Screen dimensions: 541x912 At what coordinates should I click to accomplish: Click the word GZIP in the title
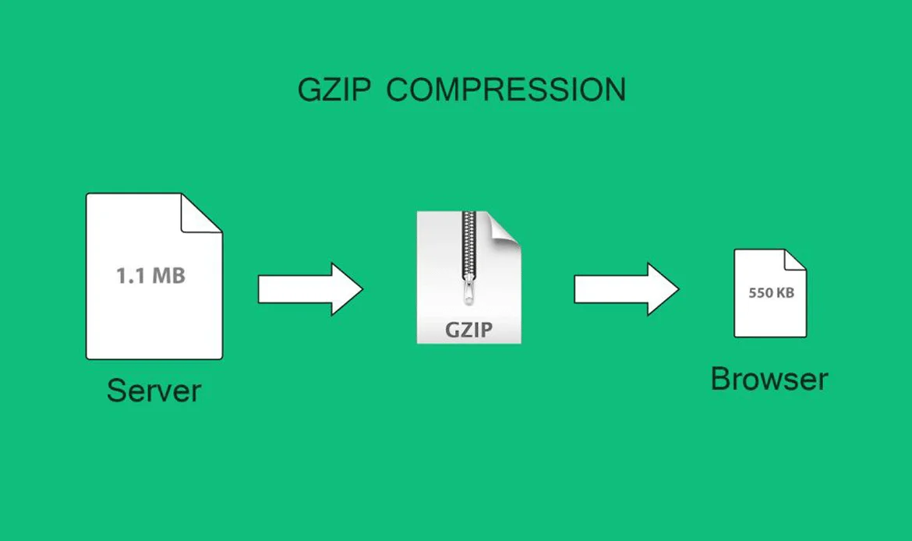point(334,90)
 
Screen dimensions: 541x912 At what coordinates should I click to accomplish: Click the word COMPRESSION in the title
point(506,90)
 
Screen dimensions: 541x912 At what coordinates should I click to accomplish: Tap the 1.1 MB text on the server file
point(150,275)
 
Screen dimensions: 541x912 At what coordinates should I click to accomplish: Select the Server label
point(154,390)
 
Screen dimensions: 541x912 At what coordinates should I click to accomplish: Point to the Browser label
point(769,379)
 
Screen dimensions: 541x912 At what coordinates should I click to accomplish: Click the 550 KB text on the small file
point(771,293)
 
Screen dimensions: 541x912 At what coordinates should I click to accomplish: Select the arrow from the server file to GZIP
point(309,288)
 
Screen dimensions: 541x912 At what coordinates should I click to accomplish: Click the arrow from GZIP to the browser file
point(626,288)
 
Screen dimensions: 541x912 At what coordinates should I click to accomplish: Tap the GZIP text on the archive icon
point(468,329)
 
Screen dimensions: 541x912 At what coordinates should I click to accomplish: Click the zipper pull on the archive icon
point(468,292)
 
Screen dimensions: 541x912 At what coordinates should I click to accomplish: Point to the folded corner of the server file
point(200,214)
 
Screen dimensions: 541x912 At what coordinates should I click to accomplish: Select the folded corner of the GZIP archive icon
point(504,227)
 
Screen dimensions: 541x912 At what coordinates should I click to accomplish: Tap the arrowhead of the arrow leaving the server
point(346,288)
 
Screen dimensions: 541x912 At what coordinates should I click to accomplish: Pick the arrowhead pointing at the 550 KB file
point(663,288)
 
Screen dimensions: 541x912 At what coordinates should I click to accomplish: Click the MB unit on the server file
point(168,275)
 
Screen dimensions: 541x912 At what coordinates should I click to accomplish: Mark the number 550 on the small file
point(759,293)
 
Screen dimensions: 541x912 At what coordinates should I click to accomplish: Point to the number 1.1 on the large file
point(130,275)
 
